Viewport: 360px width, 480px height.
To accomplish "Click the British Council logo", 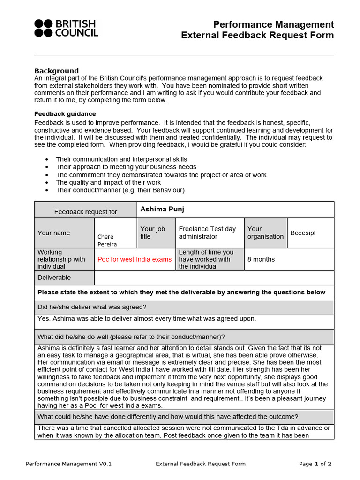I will pos(66,28).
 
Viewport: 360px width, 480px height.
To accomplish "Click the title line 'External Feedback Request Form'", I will pos(257,36).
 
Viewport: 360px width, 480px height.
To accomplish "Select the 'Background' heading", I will pos(56,71).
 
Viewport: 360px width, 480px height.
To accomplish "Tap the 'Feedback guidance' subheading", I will pos(65,114).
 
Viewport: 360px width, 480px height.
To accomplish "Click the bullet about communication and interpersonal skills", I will pos(121,159).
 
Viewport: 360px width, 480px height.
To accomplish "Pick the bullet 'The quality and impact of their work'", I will pos(108,182).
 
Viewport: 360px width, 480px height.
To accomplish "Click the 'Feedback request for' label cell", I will pos(85,212).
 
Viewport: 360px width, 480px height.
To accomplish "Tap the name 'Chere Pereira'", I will pos(107,240).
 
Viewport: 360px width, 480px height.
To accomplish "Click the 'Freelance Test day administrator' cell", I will pos(207,232).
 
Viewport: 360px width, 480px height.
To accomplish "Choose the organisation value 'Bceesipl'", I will pos(303,233).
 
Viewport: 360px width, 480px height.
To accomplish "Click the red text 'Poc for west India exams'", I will pos(135,259).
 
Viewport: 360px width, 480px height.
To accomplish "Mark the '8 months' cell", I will pos(261,259).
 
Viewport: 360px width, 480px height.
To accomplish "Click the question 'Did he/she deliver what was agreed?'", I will pos(92,307).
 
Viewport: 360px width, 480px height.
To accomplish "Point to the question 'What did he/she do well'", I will pos(131,337).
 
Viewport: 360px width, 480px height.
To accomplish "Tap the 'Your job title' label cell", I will pos(153,232).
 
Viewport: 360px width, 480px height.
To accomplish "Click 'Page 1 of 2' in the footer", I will pos(315,464).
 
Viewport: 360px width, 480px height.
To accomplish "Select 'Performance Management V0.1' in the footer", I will pos(68,464).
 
